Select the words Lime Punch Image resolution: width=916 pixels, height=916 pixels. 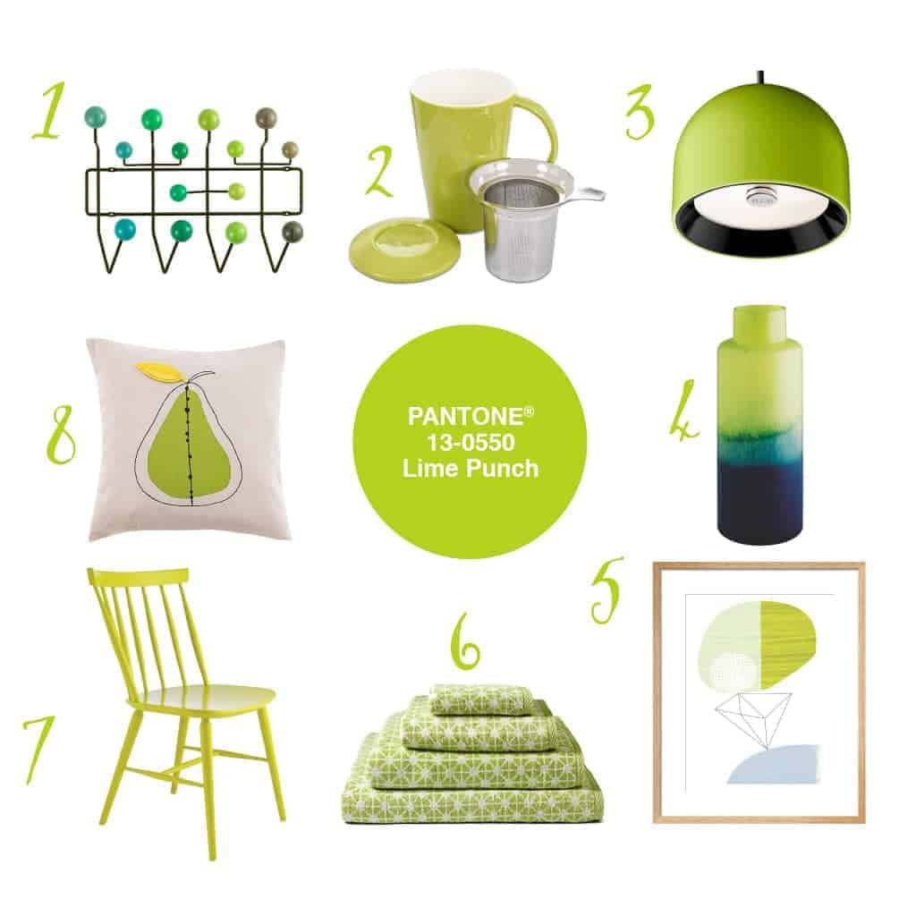(470, 467)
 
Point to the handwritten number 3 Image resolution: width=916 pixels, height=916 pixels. (640, 113)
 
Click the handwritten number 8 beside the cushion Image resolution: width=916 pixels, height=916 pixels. (60, 436)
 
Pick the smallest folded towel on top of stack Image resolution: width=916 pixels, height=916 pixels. (468, 700)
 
